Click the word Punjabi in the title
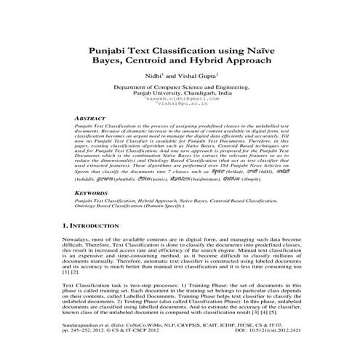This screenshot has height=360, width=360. pyautogui.click(x=113, y=52)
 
